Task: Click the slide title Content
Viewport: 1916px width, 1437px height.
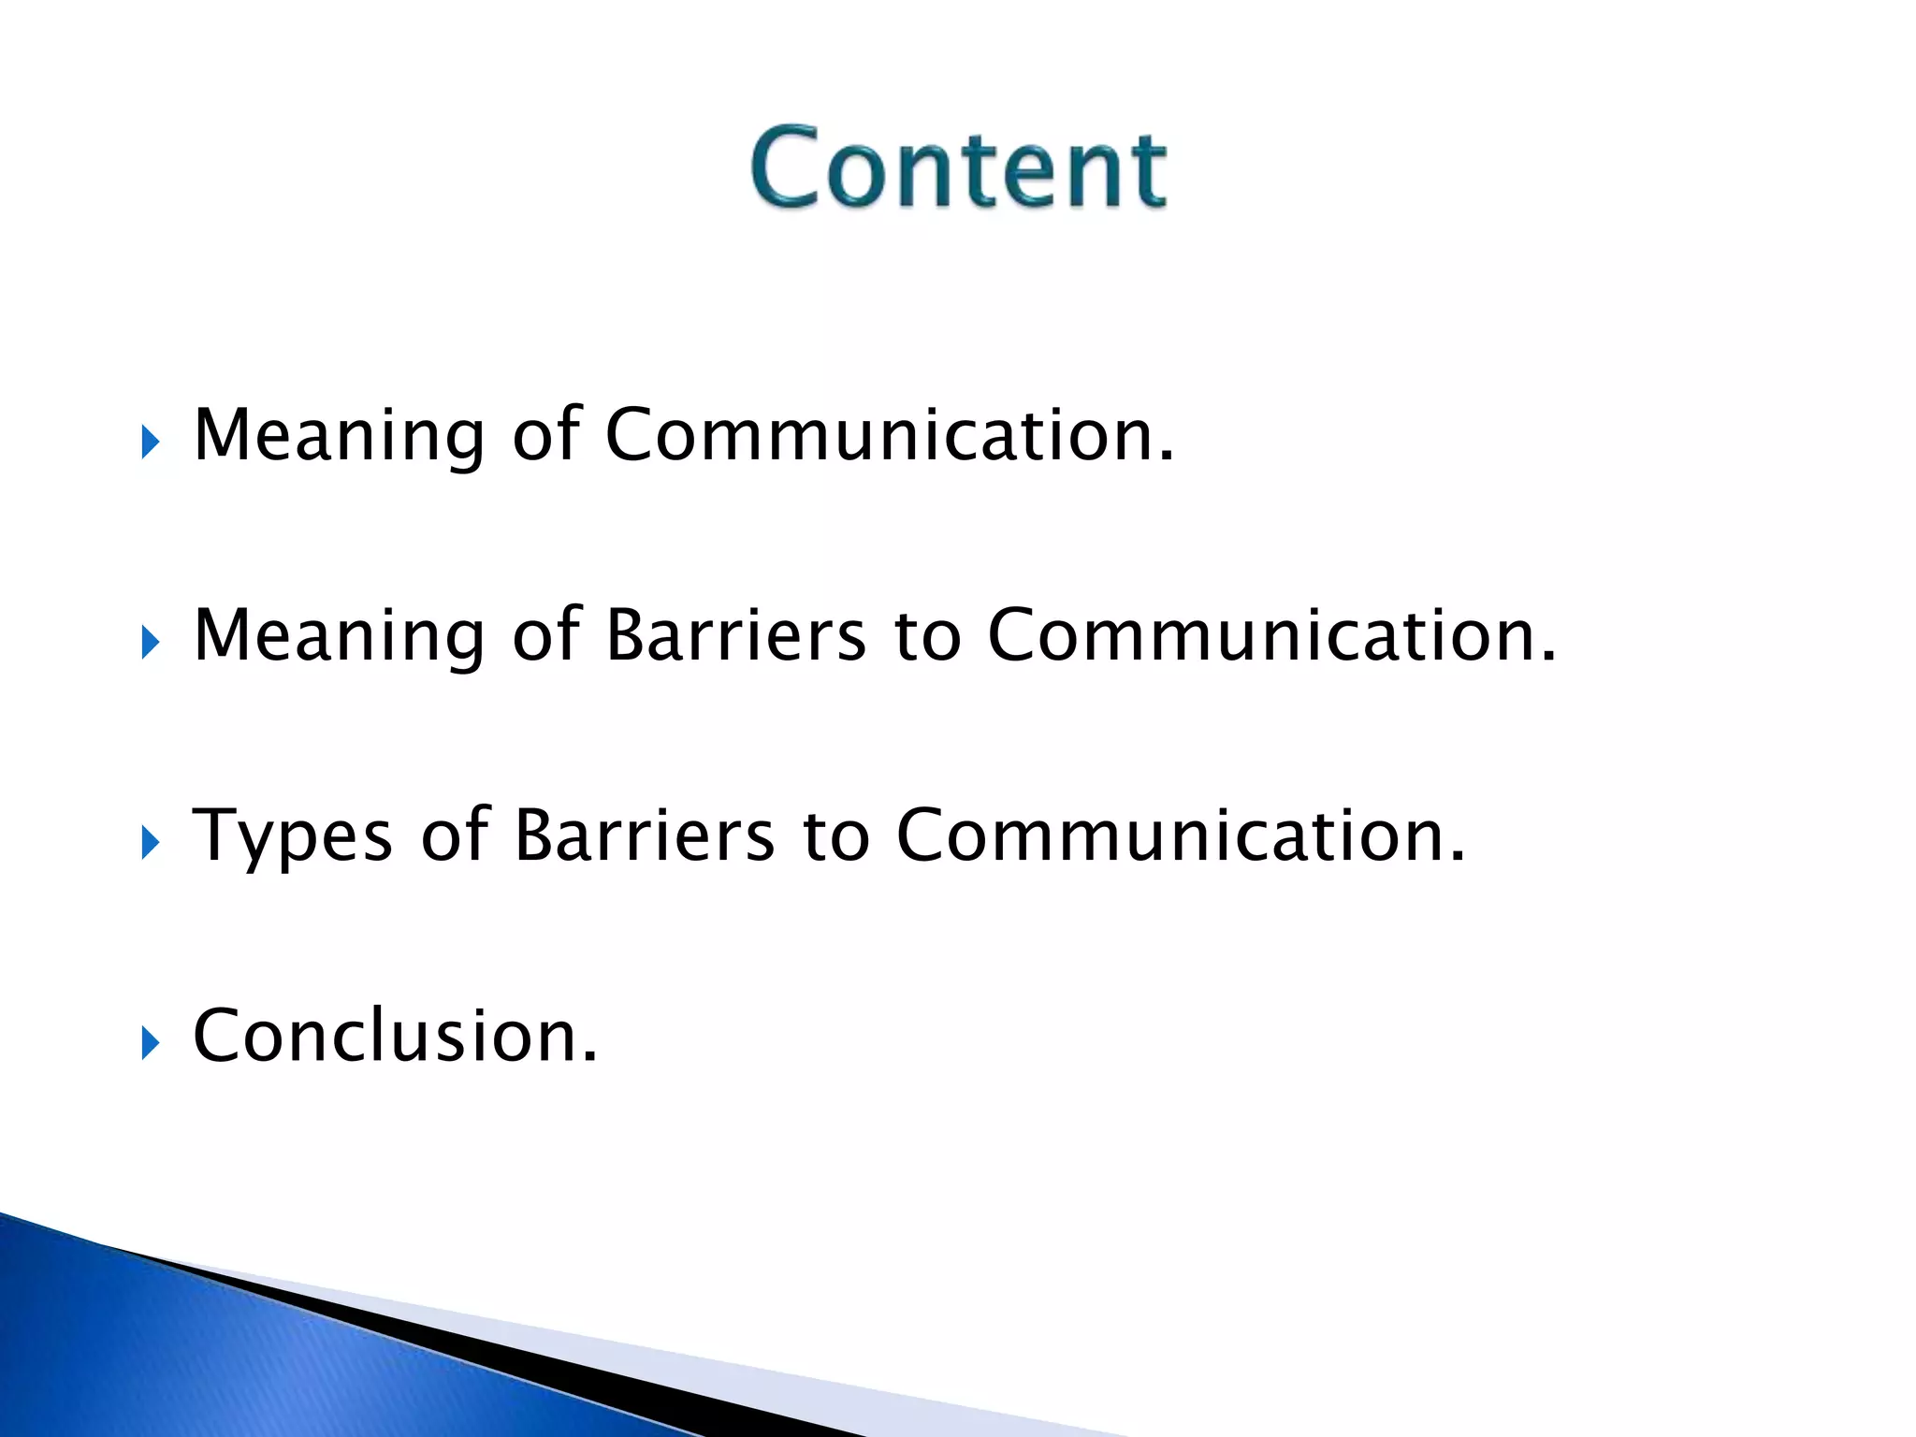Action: point(958,168)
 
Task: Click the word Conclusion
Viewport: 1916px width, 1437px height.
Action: point(393,1036)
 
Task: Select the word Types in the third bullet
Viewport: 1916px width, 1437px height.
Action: point(291,835)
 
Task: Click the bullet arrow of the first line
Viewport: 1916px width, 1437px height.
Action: point(151,443)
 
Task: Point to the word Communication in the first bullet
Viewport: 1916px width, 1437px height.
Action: point(889,436)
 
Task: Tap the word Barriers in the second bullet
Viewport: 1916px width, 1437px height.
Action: point(735,636)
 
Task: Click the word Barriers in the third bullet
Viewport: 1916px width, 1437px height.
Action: point(644,835)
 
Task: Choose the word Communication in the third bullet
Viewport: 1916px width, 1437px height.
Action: point(1179,835)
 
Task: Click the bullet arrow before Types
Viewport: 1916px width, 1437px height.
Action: point(151,842)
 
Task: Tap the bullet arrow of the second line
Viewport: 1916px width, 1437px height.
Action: point(151,643)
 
